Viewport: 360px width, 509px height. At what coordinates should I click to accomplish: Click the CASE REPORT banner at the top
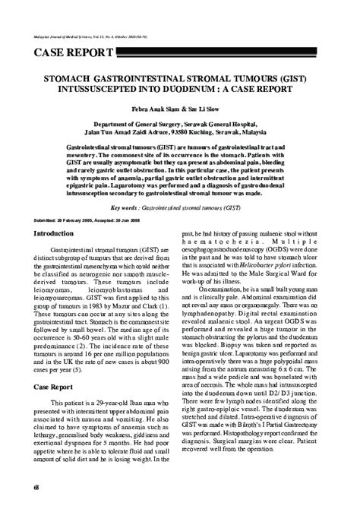tap(71, 52)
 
